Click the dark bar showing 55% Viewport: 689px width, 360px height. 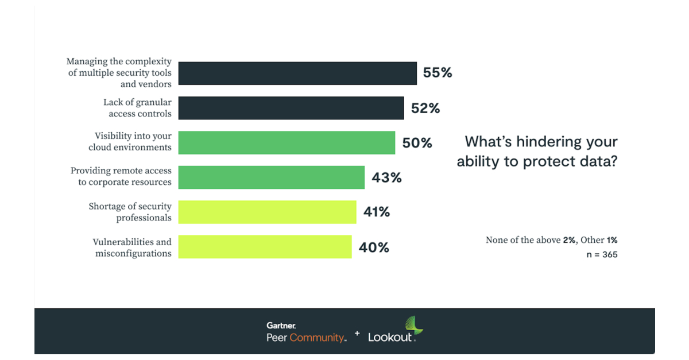click(x=297, y=73)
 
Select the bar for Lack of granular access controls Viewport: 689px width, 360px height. click(x=291, y=108)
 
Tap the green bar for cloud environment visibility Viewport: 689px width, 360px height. click(x=287, y=142)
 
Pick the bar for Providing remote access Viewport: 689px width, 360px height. click(x=271, y=177)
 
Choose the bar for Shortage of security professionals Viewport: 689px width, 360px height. click(x=267, y=212)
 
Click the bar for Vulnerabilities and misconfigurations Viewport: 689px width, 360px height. click(x=265, y=246)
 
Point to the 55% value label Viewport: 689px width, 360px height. click(x=438, y=73)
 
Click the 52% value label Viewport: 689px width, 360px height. click(x=425, y=108)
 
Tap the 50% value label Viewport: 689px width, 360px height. click(x=417, y=143)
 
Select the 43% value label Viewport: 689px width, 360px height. click(x=386, y=178)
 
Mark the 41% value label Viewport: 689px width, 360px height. click(x=377, y=212)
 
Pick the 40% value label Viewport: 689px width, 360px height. click(x=374, y=247)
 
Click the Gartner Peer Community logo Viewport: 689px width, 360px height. click(x=305, y=332)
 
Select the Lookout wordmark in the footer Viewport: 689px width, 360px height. click(x=390, y=337)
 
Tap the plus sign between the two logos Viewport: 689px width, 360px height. click(x=357, y=334)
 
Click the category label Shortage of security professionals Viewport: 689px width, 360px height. click(x=130, y=212)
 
